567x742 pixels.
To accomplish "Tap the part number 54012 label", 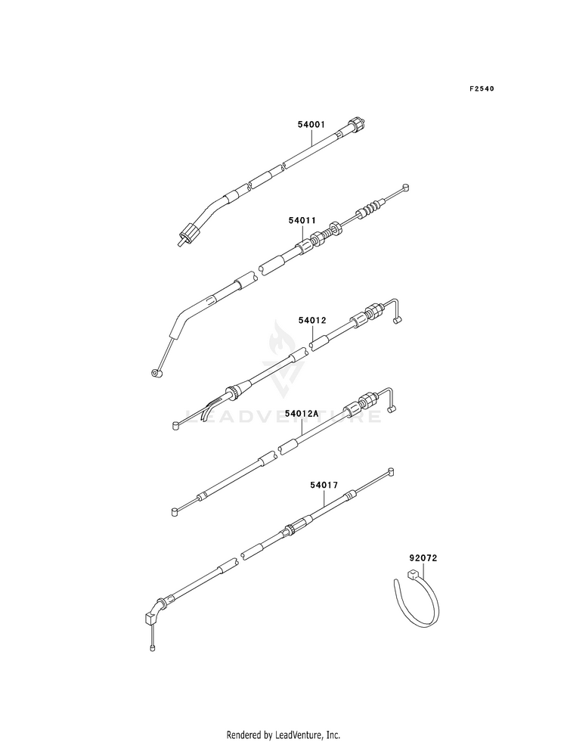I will (311, 321).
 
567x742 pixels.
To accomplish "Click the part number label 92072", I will (424, 559).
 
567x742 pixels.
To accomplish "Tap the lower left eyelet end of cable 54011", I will (156, 373).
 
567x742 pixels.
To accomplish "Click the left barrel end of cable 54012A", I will (174, 511).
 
